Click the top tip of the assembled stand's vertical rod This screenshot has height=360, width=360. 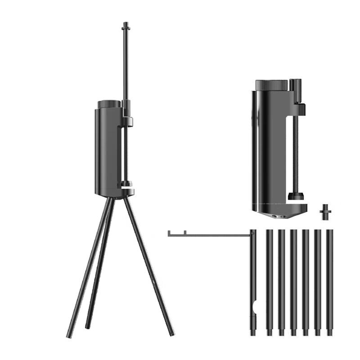tap(125, 23)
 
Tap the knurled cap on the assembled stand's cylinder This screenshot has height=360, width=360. tap(109, 104)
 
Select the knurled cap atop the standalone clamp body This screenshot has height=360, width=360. tap(271, 85)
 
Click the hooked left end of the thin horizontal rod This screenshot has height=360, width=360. tap(169, 234)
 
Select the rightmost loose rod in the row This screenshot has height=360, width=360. tap(330, 281)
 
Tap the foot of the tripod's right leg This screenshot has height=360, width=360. tap(172, 333)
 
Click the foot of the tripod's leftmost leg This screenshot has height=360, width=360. tap(69, 335)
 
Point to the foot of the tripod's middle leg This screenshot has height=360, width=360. tap(87, 325)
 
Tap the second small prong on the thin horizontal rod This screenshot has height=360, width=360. tap(185, 233)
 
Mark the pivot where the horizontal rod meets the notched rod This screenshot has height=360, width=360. tap(252, 234)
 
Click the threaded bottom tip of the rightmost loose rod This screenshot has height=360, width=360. tap(330, 333)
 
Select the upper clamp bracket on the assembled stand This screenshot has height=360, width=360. tap(127, 121)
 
